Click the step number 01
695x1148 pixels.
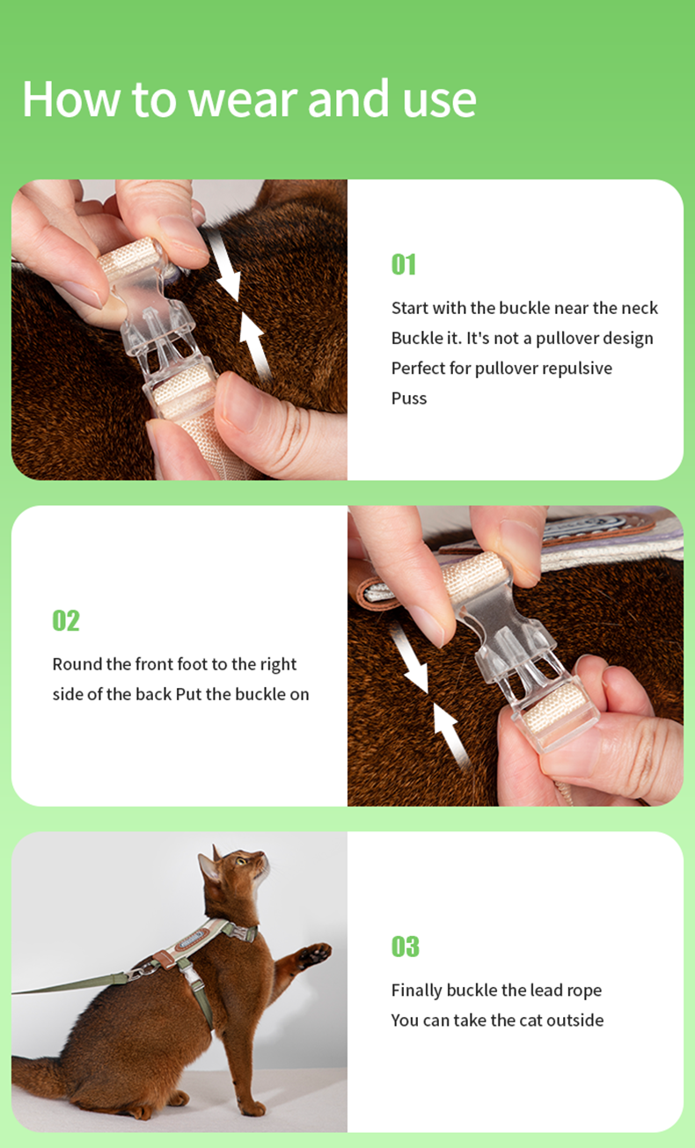point(404,265)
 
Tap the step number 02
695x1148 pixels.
point(66,620)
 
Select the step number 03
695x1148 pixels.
point(405,946)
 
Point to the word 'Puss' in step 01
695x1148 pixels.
point(409,399)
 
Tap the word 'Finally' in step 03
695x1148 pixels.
point(416,991)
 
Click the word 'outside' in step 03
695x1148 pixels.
point(575,1020)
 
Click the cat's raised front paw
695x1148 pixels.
point(315,954)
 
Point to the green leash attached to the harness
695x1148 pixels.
point(69,985)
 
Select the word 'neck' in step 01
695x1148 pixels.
point(640,308)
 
